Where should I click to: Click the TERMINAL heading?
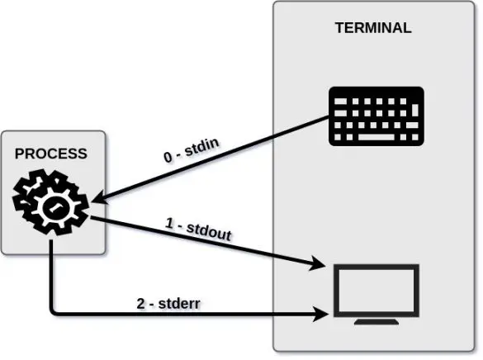click(372, 27)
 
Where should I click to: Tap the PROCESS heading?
click(50, 154)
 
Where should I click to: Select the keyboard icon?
click(376, 115)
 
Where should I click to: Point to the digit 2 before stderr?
click(140, 302)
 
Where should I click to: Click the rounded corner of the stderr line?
click(54, 311)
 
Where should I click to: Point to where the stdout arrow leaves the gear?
click(91, 217)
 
